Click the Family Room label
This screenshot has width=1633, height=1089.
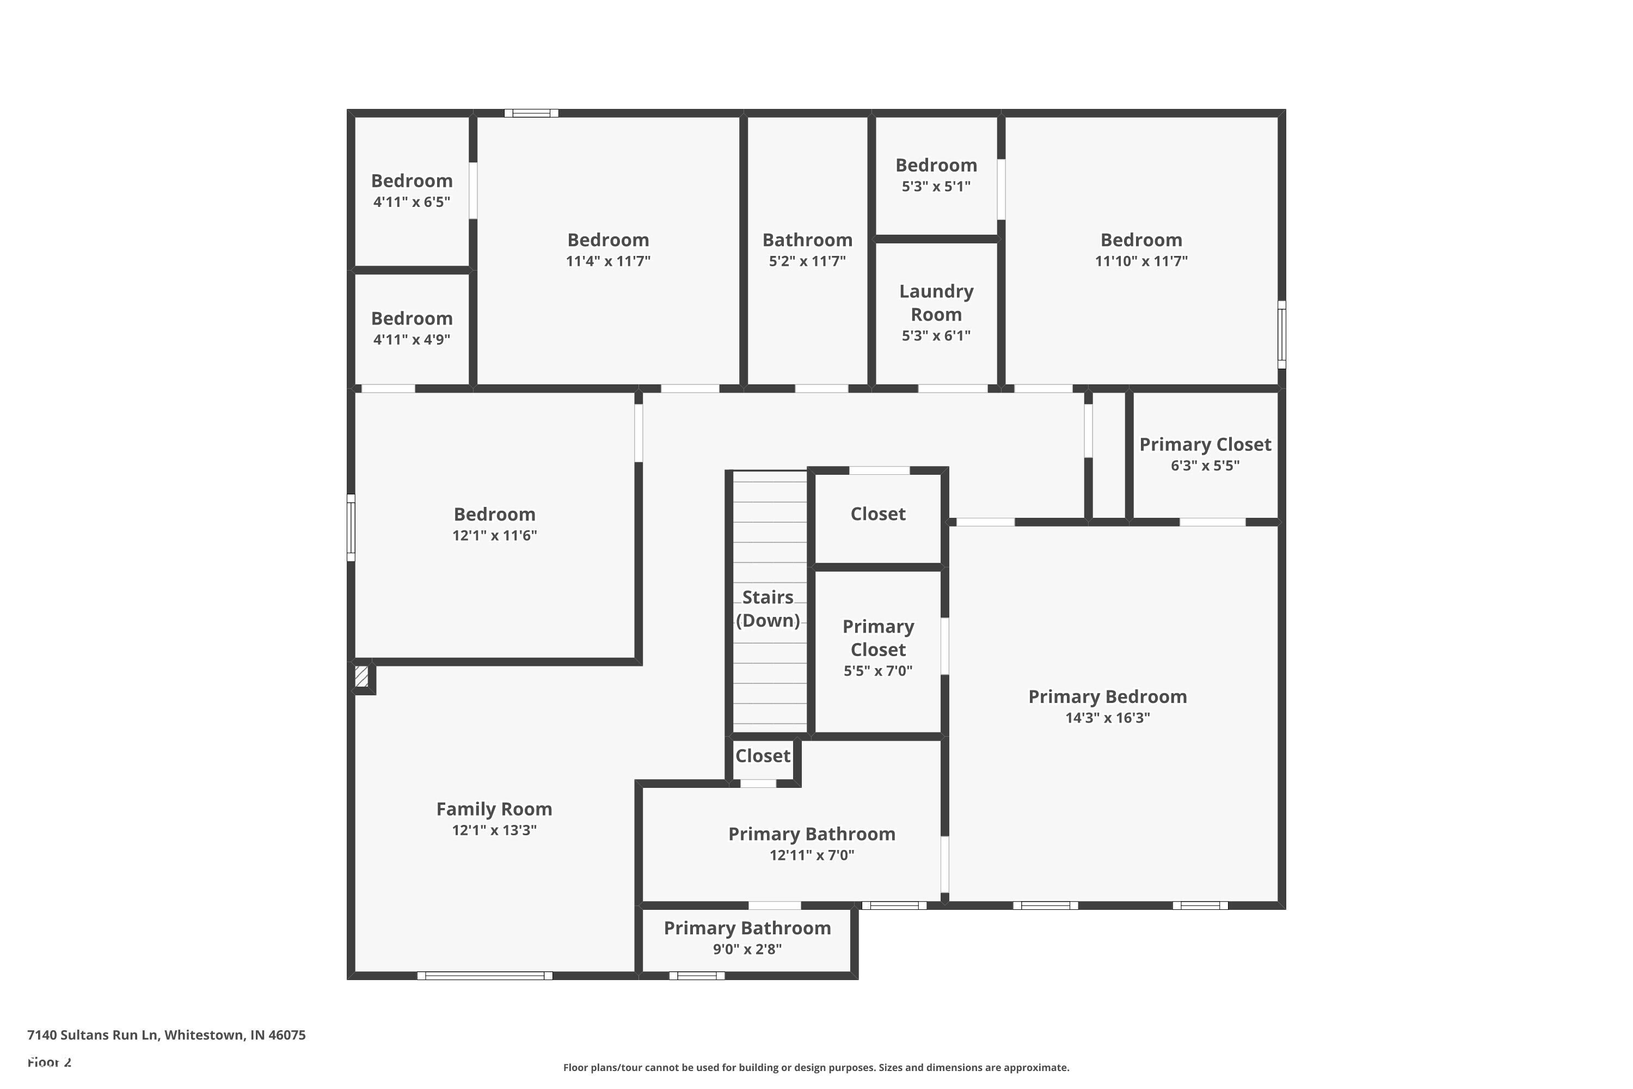click(x=494, y=809)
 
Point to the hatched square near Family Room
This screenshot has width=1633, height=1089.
click(x=361, y=676)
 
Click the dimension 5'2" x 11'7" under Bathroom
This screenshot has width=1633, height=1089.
click(x=807, y=261)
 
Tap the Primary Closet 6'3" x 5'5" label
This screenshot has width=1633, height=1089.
click(x=1205, y=444)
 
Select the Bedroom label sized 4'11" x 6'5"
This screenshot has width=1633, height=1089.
click(x=412, y=181)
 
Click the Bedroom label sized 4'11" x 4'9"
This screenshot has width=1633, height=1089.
click(x=412, y=319)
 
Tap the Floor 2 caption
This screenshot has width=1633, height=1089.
click(x=50, y=1062)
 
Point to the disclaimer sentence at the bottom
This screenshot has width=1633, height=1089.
click(x=816, y=1067)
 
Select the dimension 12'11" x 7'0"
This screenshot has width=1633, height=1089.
click(x=812, y=855)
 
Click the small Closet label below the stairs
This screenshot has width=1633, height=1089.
click(x=763, y=756)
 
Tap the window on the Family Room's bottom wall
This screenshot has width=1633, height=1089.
click(x=484, y=976)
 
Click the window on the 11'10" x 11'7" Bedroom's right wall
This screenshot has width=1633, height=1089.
click(x=1282, y=335)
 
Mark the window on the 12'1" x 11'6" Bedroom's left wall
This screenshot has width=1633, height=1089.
click(x=351, y=528)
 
